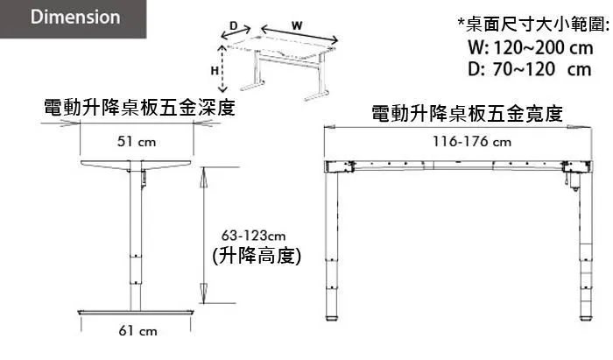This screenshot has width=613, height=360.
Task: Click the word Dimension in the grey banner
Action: pyautogui.click(x=75, y=18)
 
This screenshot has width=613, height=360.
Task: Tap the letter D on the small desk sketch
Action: pyautogui.click(x=234, y=25)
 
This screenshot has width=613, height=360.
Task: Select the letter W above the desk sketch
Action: pyautogui.click(x=297, y=25)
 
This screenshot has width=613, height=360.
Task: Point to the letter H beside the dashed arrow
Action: pyautogui.click(x=215, y=71)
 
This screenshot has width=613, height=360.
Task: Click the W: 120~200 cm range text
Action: pyautogui.click(x=531, y=48)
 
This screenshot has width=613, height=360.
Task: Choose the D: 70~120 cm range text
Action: pyautogui.click(x=530, y=69)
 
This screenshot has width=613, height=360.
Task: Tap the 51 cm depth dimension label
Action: pyautogui.click(x=137, y=142)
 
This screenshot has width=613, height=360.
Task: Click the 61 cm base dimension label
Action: pyautogui.click(x=137, y=331)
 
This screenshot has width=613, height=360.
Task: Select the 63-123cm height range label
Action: pyautogui.click(x=253, y=236)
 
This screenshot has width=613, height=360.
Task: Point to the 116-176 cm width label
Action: pyautogui.click(x=472, y=141)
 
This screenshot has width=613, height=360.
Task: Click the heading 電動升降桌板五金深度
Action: pyautogui.click(x=139, y=108)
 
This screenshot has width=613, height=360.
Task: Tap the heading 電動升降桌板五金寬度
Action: pyautogui.click(x=467, y=114)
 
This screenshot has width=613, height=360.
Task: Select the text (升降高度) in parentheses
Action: pyautogui.click(x=257, y=256)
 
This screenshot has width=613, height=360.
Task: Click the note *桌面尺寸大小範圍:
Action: pyautogui.click(x=533, y=25)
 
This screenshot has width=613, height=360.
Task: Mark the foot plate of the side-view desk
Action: pyautogui.click(x=136, y=313)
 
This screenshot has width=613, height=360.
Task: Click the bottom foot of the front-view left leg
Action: pyautogui.click(x=332, y=318)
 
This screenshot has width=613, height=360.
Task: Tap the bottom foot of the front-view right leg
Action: pyautogui.click(x=586, y=318)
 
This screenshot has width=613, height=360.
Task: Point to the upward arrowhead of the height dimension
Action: pyautogui.click(x=203, y=178)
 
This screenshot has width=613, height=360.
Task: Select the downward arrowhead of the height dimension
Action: pyautogui.click(x=203, y=293)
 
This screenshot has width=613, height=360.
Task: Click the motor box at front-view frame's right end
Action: pyautogui.click(x=576, y=166)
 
